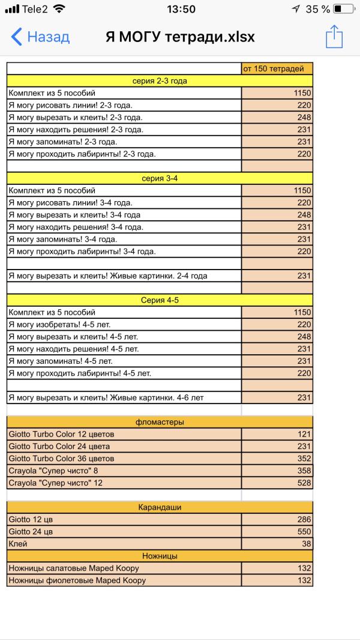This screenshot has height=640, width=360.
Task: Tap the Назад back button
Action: [x=41, y=37]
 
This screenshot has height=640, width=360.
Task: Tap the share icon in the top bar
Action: [x=334, y=37]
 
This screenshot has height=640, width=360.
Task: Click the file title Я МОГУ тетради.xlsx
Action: [x=180, y=37]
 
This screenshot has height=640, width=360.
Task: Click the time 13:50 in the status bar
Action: [x=181, y=9]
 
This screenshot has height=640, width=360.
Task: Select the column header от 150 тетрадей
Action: [x=277, y=68]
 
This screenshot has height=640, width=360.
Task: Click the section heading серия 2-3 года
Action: [x=160, y=81]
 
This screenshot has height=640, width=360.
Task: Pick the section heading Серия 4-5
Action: [x=160, y=300]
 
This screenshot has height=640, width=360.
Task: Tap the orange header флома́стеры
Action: [x=160, y=422]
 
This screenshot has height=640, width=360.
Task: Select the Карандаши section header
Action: [x=160, y=507]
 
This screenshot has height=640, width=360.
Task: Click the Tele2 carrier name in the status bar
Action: [x=35, y=9]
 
